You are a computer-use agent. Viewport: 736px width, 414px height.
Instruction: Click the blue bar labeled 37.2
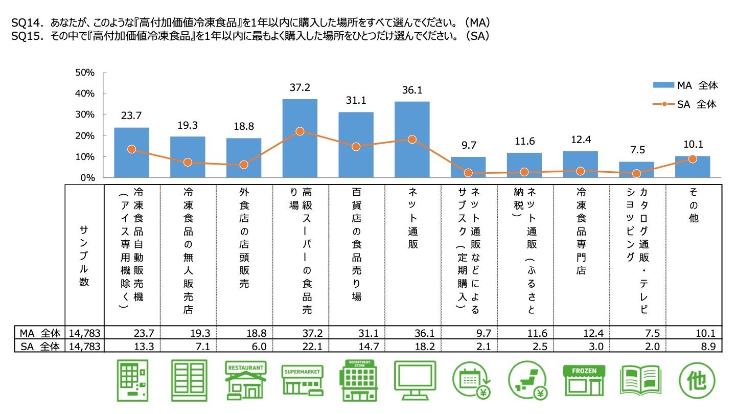(300, 138)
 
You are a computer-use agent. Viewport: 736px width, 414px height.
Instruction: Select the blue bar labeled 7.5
(636, 170)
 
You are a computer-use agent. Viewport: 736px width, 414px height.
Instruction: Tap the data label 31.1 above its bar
(356, 101)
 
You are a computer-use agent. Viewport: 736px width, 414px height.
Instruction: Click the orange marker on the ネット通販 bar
(412, 139)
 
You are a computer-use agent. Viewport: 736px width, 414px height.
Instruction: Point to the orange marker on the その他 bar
(693, 159)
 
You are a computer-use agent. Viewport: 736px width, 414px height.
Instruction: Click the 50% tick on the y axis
(85, 73)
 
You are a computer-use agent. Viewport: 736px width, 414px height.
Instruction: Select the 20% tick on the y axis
(85, 135)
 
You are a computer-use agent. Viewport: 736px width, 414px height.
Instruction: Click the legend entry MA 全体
(685, 85)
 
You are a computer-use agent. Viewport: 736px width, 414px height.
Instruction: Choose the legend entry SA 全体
(685, 104)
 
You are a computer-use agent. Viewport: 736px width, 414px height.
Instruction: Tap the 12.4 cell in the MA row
(593, 333)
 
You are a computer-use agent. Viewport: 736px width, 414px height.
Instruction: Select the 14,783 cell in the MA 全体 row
(84, 333)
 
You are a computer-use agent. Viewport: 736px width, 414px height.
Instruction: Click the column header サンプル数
(84, 256)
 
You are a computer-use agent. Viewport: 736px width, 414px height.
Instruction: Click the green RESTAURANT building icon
(245, 381)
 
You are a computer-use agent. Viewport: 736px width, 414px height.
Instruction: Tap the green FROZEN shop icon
(583, 381)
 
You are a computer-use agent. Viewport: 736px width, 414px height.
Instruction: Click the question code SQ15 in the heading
(23, 37)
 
